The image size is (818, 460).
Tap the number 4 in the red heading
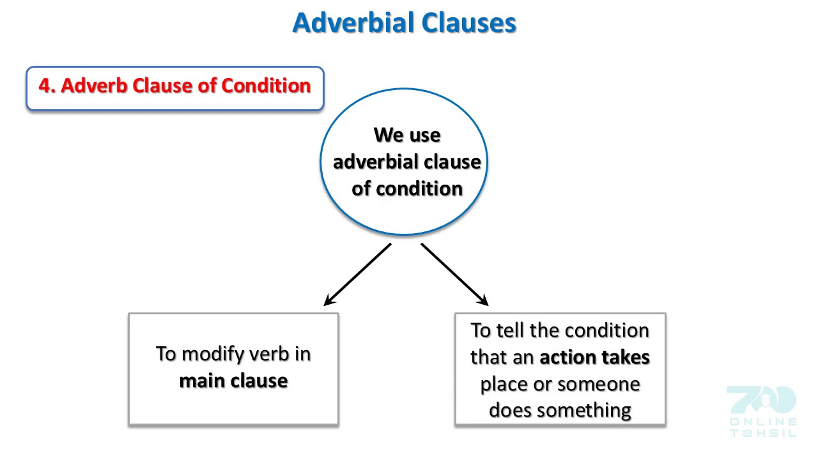[x=44, y=86]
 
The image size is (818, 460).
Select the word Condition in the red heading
[x=266, y=86]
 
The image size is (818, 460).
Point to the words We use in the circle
[x=407, y=135]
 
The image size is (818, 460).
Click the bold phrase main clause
[x=233, y=381]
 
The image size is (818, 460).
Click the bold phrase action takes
[x=594, y=357]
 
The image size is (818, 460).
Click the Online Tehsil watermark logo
[x=762, y=411]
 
